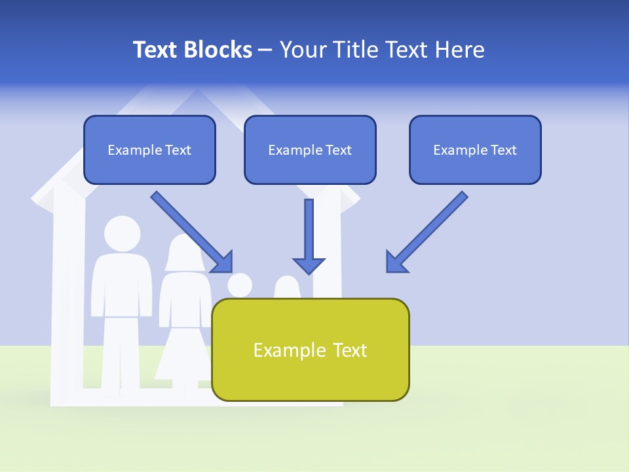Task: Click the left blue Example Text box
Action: click(x=149, y=150)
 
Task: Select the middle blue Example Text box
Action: click(x=310, y=150)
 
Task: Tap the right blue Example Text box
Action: click(x=475, y=150)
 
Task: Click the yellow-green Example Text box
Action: click(x=310, y=350)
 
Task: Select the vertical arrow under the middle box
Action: click(x=309, y=229)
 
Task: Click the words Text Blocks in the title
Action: click(x=192, y=50)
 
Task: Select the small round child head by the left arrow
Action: click(x=240, y=286)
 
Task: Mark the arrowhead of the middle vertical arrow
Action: click(x=309, y=265)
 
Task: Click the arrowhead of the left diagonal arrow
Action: click(x=223, y=262)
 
